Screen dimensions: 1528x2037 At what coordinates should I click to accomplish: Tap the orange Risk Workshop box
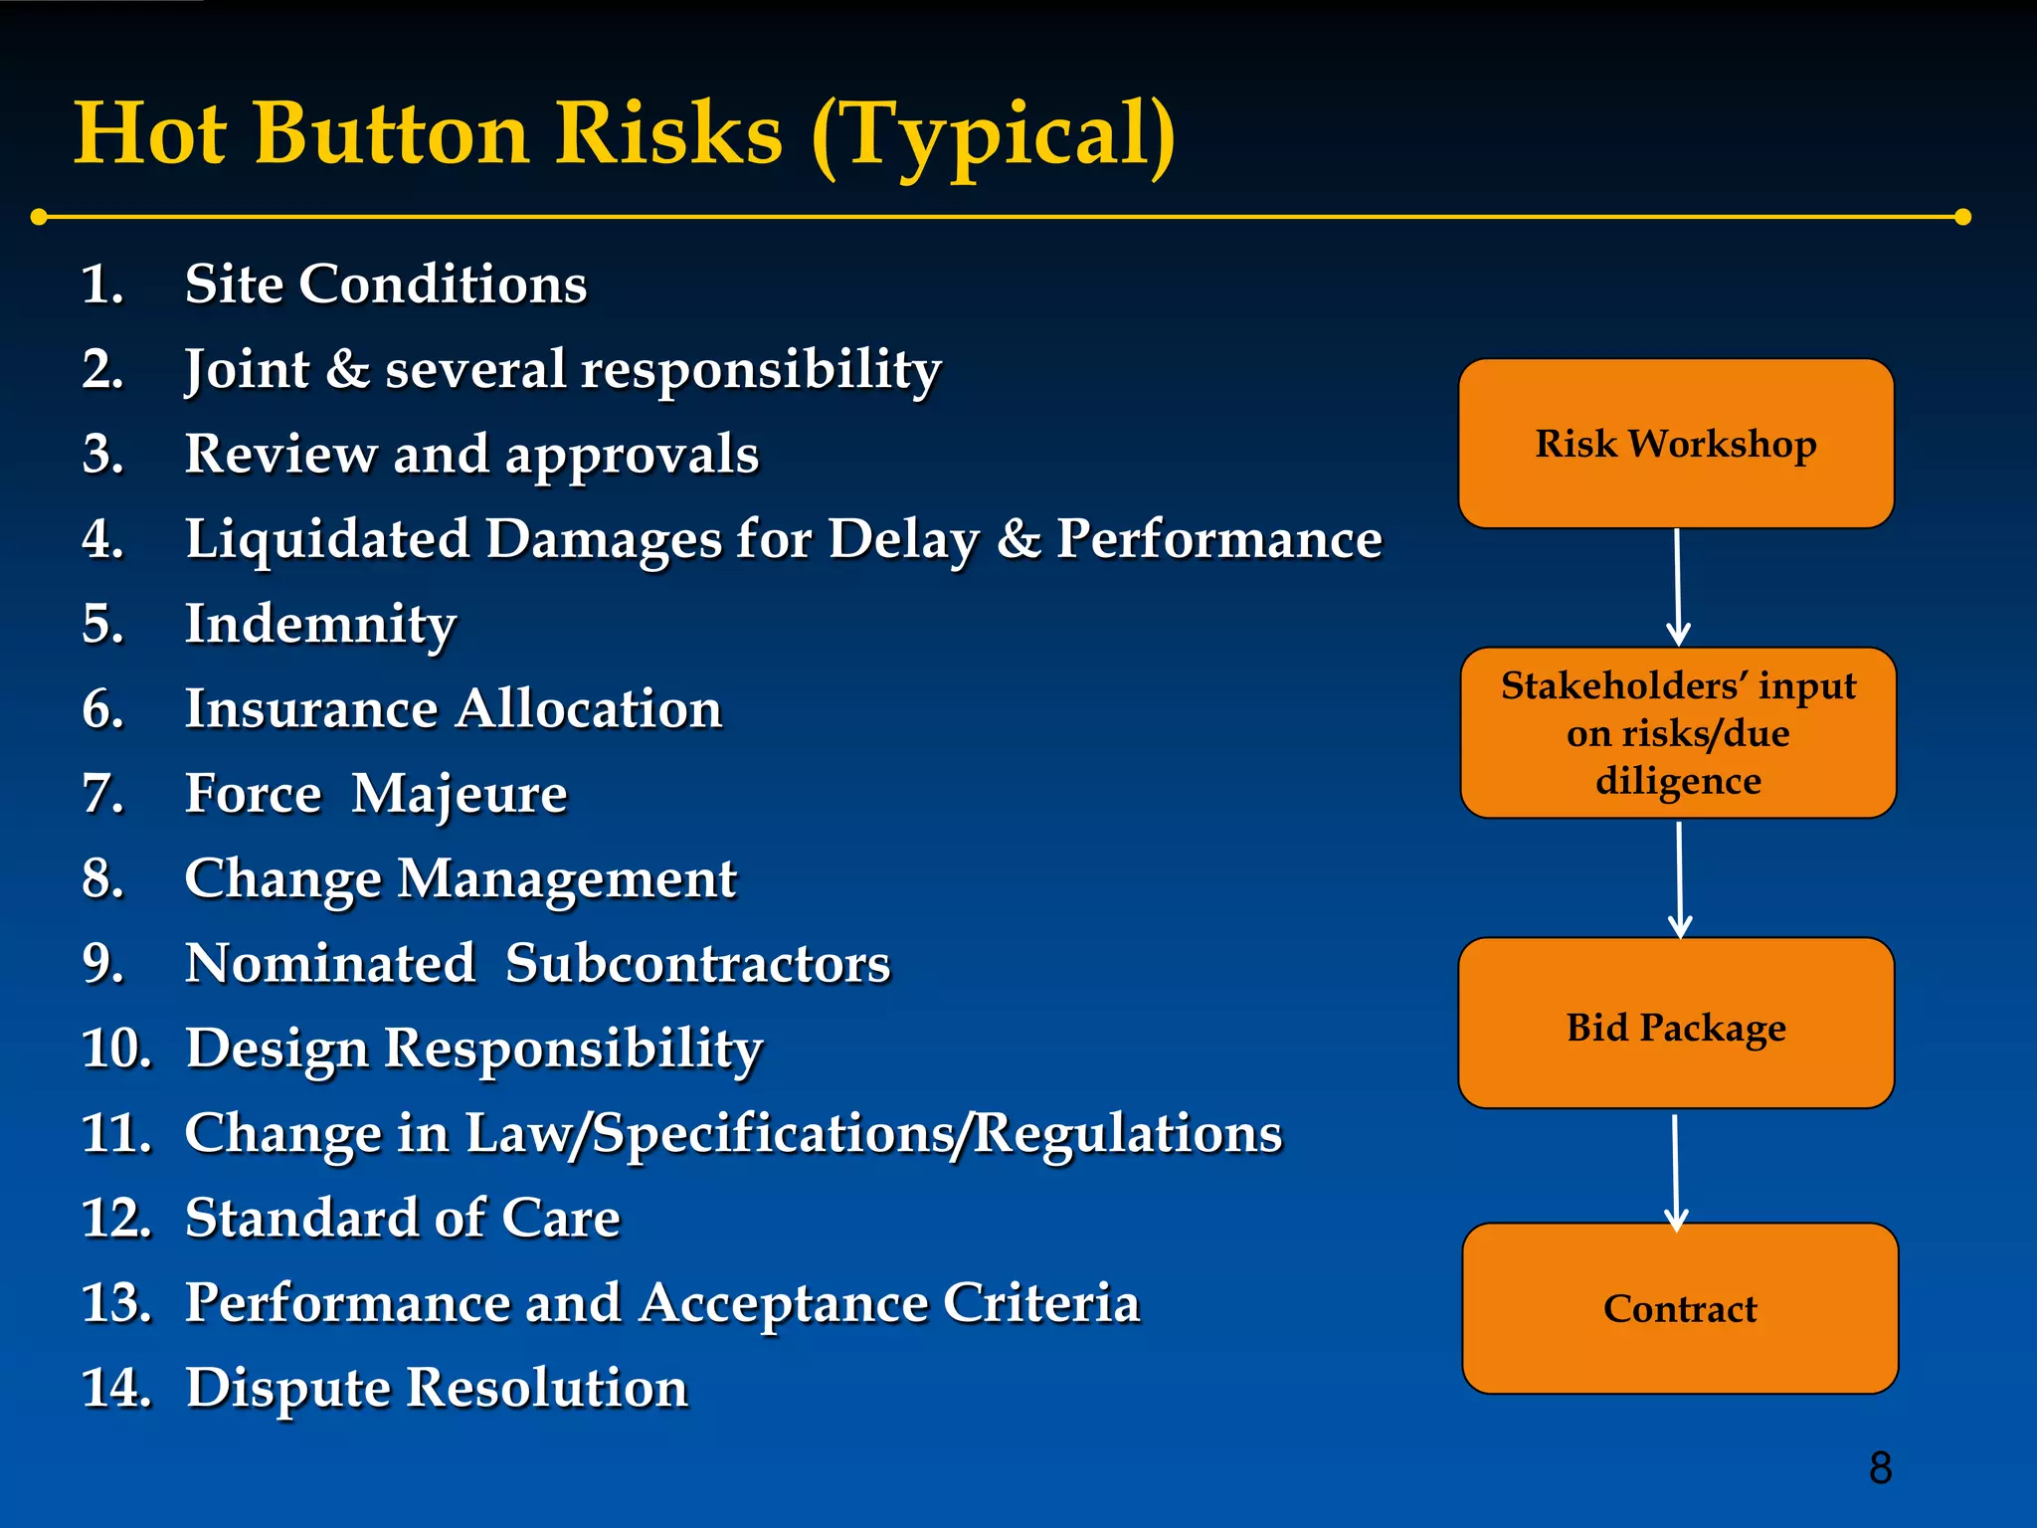click(1676, 444)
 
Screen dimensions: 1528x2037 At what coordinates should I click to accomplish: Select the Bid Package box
click(1676, 1024)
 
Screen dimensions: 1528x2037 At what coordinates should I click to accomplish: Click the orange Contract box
click(1680, 1308)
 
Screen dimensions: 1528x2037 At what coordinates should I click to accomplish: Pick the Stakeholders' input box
click(1678, 733)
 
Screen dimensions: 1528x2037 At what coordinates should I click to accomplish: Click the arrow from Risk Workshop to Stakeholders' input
click(1678, 587)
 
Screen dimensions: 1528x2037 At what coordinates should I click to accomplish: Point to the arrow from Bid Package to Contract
click(1676, 1172)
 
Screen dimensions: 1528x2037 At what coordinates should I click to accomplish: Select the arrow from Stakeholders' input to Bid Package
click(1680, 878)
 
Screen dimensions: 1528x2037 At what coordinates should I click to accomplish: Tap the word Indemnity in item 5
click(320, 625)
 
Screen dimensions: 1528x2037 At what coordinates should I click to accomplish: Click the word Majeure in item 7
click(460, 795)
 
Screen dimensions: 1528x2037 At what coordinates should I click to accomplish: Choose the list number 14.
click(115, 1388)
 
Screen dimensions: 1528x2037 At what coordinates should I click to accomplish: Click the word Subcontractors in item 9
click(697, 964)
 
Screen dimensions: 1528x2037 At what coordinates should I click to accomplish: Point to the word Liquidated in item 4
click(327, 539)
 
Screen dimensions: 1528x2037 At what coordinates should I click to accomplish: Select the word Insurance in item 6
click(311, 709)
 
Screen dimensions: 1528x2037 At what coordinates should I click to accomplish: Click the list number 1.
click(101, 285)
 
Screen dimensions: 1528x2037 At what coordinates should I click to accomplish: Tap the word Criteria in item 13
click(1040, 1303)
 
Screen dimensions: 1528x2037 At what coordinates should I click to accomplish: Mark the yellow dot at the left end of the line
click(39, 217)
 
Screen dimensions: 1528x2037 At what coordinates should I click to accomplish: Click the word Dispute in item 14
click(287, 1389)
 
